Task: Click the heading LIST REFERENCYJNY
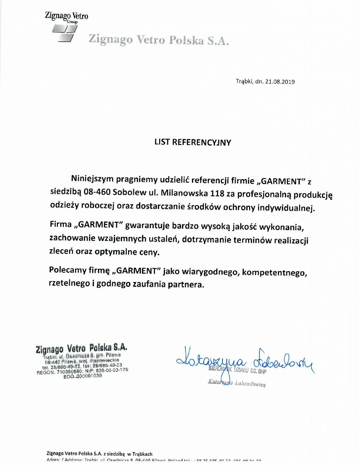tap(193, 142)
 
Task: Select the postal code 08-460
tap(97, 192)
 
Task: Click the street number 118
tap(217, 193)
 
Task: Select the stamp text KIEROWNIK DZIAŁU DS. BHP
tap(237, 370)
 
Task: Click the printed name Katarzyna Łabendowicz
tap(237, 383)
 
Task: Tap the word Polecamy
tap(67, 270)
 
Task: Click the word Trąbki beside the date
tap(244, 81)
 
